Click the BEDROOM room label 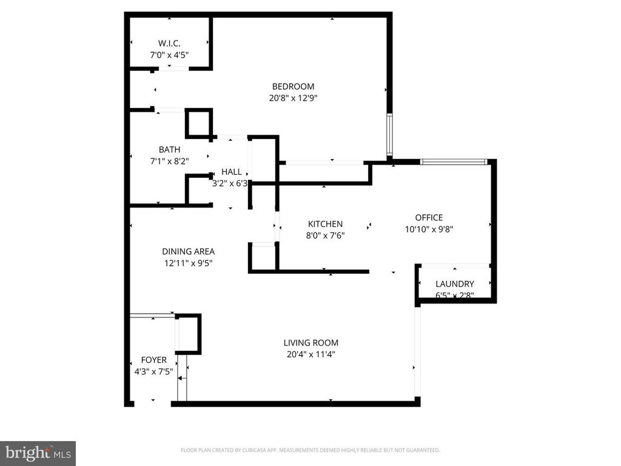[293, 86]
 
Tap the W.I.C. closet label [169, 43]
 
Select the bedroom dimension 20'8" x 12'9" [293, 97]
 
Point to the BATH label [169, 149]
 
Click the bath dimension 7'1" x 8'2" [169, 161]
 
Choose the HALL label [231, 172]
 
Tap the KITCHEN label [325, 224]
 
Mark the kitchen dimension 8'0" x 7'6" [325, 235]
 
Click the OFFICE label [429, 217]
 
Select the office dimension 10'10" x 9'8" [429, 229]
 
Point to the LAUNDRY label [455, 284]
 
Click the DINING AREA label [188, 251]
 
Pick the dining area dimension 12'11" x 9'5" [188, 263]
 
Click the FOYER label [153, 360]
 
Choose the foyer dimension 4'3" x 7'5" [153, 371]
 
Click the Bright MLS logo [37, 453]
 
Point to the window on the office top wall [454, 161]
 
